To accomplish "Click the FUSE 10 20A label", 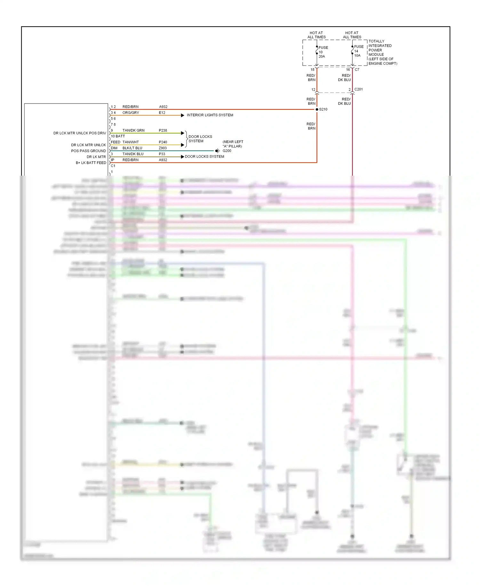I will click(x=323, y=52).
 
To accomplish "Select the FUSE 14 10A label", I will click(x=358, y=51).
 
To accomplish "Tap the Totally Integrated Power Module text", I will click(x=382, y=52).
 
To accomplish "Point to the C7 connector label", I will click(x=357, y=70).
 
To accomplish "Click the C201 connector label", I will click(x=358, y=89).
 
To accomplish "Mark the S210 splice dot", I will click(x=317, y=109).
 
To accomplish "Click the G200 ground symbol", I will click(x=217, y=151).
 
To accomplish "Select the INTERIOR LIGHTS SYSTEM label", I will click(x=210, y=115).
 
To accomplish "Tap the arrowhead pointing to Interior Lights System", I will click(x=183, y=115).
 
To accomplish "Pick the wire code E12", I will click(x=162, y=113).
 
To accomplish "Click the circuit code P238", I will click(x=163, y=130).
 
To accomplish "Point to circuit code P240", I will click(x=163, y=142).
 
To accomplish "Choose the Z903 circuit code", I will click(x=163, y=148).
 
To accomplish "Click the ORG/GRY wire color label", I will click(x=131, y=113).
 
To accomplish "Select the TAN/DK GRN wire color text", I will click(x=133, y=130).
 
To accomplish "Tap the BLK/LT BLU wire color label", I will click(x=132, y=148).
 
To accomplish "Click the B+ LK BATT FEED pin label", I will click(x=91, y=163).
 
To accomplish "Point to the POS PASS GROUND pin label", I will click(x=88, y=151).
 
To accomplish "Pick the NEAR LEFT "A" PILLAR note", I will click(x=233, y=144).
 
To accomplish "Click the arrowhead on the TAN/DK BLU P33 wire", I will click(x=182, y=157).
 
